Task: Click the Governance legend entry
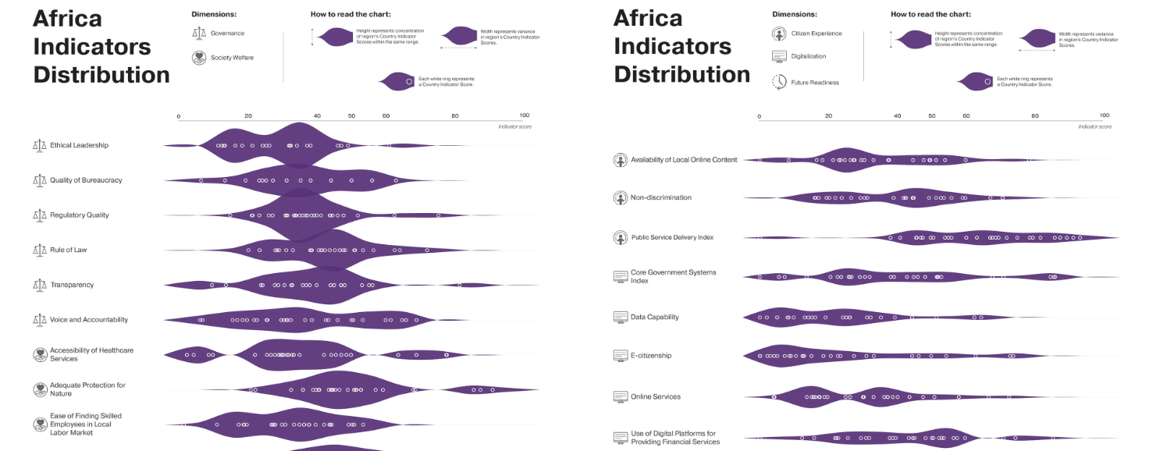(227, 34)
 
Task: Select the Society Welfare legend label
(232, 58)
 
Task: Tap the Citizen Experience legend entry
(816, 34)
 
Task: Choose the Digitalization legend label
(808, 56)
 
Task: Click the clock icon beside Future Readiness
(779, 82)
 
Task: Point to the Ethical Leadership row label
(79, 145)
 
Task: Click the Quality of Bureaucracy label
(86, 180)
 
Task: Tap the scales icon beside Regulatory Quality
(40, 215)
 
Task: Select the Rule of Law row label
(68, 250)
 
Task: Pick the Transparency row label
(72, 285)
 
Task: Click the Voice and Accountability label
(89, 320)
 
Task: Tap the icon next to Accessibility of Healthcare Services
(40, 354)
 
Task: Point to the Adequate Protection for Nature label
(87, 389)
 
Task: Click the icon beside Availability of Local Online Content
(621, 160)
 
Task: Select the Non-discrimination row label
(660, 198)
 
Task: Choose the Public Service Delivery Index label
(672, 237)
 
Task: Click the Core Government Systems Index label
(673, 276)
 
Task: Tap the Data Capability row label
(654, 317)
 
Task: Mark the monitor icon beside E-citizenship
(621, 356)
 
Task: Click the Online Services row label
(656, 396)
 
